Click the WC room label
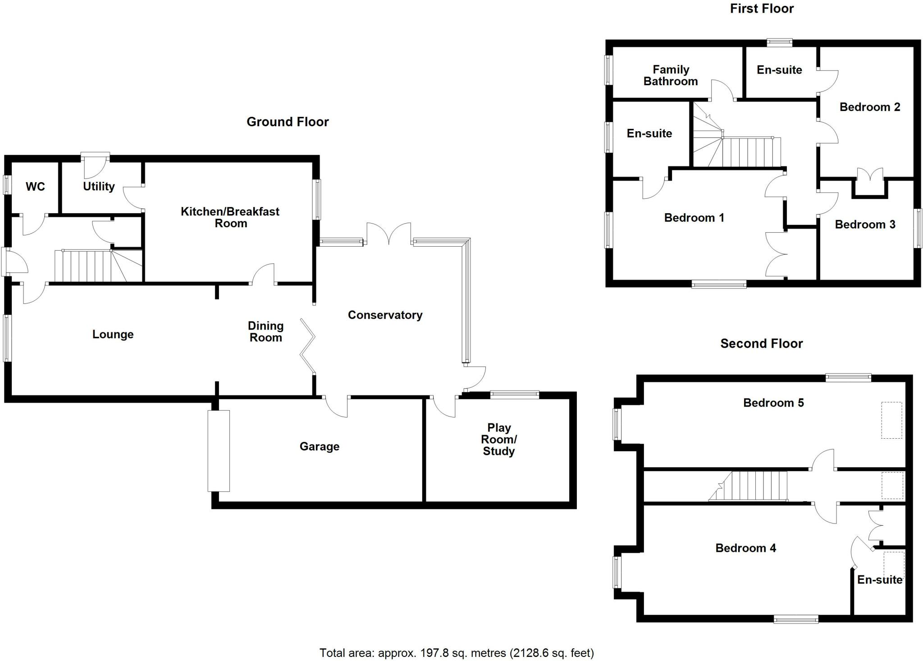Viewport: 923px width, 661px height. click(x=35, y=187)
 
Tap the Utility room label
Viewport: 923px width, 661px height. click(x=99, y=186)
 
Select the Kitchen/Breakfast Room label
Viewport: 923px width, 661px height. click(x=230, y=217)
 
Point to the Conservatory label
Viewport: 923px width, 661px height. click(x=385, y=315)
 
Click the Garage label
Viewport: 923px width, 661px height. click(x=320, y=446)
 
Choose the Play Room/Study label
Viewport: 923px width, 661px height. click(x=498, y=440)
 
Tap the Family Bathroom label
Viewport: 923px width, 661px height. click(x=671, y=75)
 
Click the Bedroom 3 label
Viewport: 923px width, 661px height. click(x=865, y=225)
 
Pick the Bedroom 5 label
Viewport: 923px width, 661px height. click(x=773, y=403)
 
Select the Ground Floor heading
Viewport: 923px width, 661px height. click(x=288, y=122)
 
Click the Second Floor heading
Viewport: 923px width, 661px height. click(x=761, y=344)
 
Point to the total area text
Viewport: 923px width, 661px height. click(x=457, y=652)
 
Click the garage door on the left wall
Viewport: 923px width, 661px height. click(x=219, y=450)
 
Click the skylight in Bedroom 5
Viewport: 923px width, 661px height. click(x=891, y=420)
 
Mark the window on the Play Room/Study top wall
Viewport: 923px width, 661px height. click(x=514, y=395)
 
